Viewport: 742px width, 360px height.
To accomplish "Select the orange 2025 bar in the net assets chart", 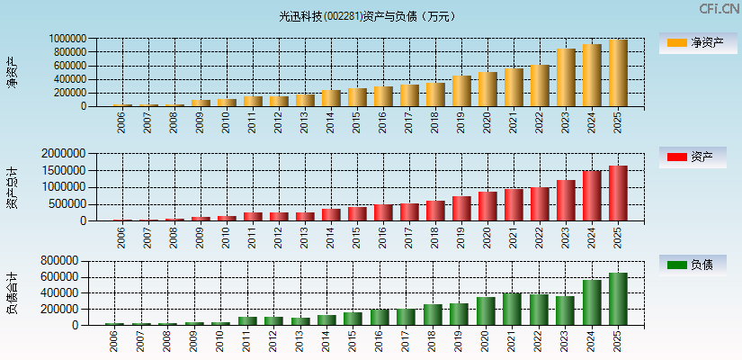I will [x=618, y=73].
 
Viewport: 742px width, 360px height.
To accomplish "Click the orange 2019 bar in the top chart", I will [x=461, y=91].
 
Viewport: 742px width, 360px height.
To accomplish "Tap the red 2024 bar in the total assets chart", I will [x=592, y=196].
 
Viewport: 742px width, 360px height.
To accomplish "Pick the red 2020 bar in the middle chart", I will [x=487, y=206].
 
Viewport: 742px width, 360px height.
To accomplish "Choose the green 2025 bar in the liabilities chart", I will [x=618, y=299].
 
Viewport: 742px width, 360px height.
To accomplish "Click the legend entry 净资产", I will [x=693, y=42].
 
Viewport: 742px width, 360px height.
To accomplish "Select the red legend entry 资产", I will [x=693, y=157].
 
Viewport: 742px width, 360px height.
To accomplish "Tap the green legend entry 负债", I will [x=693, y=265].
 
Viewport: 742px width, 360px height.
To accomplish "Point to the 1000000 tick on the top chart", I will [x=68, y=39].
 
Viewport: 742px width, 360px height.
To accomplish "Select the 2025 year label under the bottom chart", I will [x=618, y=340].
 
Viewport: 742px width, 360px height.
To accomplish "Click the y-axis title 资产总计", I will [x=13, y=187].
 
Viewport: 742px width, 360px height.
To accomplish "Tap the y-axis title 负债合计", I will [x=13, y=292].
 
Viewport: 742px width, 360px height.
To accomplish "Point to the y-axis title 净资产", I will [x=13, y=72].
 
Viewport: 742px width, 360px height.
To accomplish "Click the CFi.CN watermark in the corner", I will [x=720, y=9].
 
